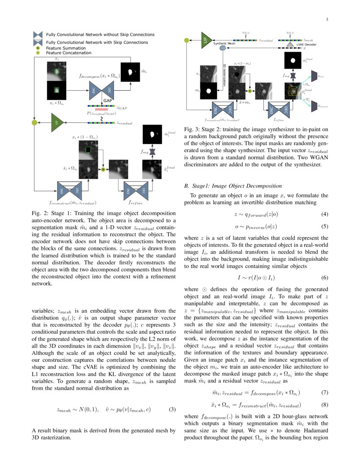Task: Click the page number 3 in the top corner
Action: click(327, 19)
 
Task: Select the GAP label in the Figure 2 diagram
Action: click(107, 101)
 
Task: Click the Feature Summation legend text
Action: click(66, 48)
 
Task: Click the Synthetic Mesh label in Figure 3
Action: click(224, 43)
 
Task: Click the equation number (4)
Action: click(325, 214)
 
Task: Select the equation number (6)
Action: click(325, 277)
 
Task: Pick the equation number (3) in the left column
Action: click(172, 409)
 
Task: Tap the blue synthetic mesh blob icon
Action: click(223, 49)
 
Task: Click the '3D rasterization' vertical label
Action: click(224, 75)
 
